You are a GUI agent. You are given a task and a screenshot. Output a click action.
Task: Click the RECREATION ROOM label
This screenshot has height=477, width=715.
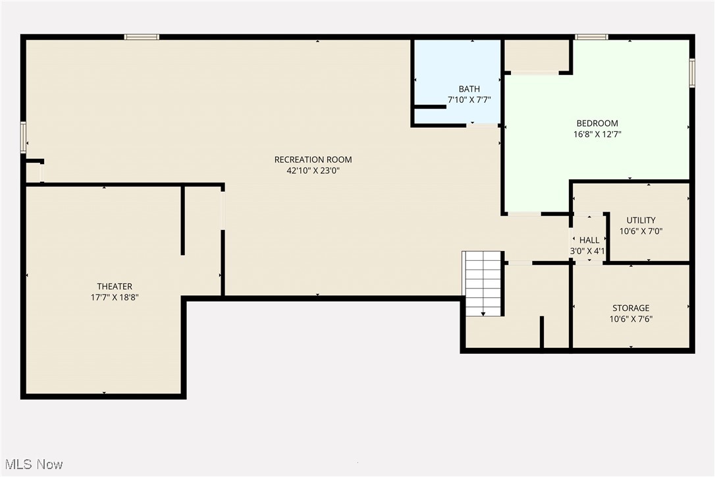[x=313, y=159]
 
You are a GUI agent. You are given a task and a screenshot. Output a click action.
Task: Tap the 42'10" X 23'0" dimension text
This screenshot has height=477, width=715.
[x=313, y=171]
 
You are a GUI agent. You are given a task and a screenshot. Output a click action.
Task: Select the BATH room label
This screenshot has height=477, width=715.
[x=469, y=89]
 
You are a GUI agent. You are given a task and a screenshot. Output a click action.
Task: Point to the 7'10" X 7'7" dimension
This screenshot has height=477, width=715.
[x=469, y=100]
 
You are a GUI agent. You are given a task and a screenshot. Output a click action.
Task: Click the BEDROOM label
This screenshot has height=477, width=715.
[x=597, y=123]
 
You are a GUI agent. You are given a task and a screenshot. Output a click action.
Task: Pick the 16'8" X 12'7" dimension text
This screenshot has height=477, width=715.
[x=597, y=134]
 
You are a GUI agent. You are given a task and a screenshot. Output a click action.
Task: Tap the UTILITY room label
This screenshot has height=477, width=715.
[x=641, y=220]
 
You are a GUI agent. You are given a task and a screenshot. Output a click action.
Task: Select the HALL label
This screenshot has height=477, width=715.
[x=589, y=240]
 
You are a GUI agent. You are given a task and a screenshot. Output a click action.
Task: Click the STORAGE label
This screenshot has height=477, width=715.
[x=631, y=308]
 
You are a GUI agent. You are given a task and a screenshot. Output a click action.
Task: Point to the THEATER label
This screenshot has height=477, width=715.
[x=115, y=286]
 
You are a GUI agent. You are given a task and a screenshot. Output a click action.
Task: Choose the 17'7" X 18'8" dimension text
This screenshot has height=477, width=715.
[x=115, y=297]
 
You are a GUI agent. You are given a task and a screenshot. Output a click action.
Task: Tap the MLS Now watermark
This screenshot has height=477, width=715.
[x=32, y=464]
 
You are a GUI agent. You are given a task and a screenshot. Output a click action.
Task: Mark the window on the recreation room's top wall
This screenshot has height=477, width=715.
[x=142, y=37]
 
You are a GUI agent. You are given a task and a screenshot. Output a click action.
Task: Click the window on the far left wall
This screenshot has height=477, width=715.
[x=23, y=138]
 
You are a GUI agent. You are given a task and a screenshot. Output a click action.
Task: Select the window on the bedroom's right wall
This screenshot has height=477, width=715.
[x=692, y=73]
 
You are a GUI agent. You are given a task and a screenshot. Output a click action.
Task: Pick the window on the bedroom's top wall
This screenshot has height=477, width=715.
[x=591, y=37]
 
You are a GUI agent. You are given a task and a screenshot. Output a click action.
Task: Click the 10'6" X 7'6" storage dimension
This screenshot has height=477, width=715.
[x=631, y=319]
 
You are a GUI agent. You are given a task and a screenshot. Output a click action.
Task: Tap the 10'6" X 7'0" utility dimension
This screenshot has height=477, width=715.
[x=641, y=231]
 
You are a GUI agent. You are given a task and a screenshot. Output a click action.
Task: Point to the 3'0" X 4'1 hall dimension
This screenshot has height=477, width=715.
[x=588, y=252]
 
